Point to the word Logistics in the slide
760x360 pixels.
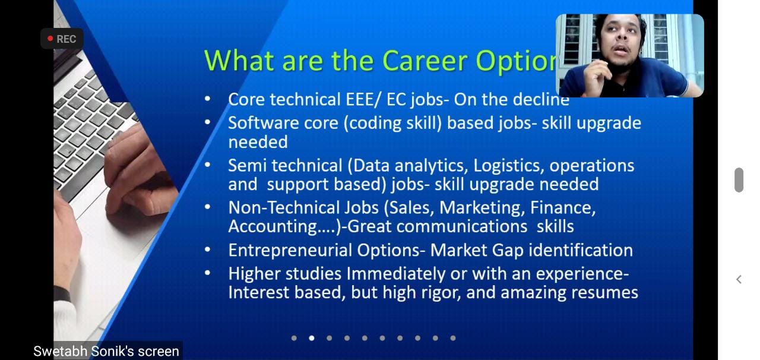point(508,166)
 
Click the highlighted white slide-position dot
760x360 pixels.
point(312,338)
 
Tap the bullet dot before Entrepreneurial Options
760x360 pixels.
point(208,250)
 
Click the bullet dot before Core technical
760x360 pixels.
point(208,99)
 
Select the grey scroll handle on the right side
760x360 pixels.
point(739,180)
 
